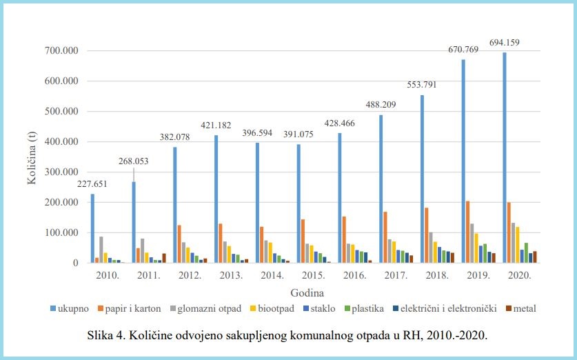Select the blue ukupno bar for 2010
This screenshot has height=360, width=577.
tap(93, 228)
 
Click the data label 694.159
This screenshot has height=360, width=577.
tap(501, 43)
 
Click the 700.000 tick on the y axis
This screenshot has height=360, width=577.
tap(60, 51)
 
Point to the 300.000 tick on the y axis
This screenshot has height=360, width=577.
tap(60, 172)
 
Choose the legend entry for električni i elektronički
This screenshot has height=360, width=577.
tap(447, 308)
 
